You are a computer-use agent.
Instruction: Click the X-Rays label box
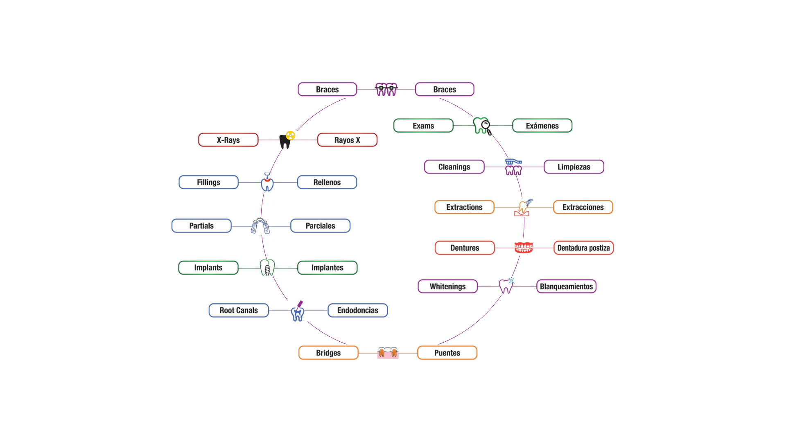tap(228, 140)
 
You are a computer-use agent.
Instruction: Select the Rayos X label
tap(347, 140)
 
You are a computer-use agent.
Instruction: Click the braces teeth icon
tap(386, 89)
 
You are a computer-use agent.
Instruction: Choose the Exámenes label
tap(542, 126)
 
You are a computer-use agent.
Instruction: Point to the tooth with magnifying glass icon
tap(482, 126)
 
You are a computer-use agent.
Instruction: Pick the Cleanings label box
tap(454, 167)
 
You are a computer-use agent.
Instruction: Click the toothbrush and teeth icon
tap(513, 167)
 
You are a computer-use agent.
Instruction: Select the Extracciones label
tap(583, 207)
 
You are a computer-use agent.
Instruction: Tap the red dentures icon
tap(524, 248)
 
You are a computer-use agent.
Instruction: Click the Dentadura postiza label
tap(583, 248)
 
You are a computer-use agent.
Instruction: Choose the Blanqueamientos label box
tap(566, 286)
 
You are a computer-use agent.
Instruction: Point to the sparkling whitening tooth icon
tap(506, 286)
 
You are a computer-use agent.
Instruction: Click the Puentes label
tap(447, 353)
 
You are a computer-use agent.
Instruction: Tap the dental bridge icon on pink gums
tap(388, 353)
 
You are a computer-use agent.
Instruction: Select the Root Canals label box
tap(239, 310)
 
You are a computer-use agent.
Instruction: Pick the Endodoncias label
tap(357, 310)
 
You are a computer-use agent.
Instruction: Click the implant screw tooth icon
tap(267, 268)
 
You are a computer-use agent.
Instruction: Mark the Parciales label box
tap(320, 226)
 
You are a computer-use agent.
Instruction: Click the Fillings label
tap(208, 182)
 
